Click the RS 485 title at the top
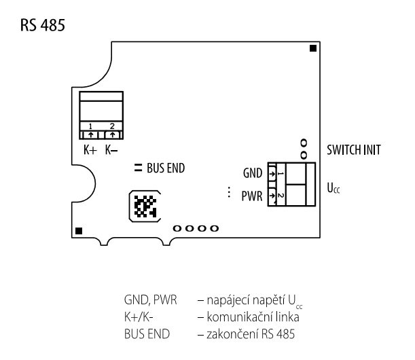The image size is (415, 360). (43, 25)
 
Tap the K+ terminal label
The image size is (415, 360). (90, 150)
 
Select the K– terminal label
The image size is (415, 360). (111, 150)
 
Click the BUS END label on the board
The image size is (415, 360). (166, 168)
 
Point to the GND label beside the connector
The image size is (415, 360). (253, 173)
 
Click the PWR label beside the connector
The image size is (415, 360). (252, 196)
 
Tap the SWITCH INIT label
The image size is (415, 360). (354, 150)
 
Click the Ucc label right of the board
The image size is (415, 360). (333, 188)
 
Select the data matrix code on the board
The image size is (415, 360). (145, 206)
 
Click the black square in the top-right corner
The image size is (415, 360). (313, 48)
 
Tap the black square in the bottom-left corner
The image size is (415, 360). (79, 231)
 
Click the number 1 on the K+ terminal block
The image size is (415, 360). (90, 126)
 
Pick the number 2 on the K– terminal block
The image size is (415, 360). (112, 126)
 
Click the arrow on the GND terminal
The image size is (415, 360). (272, 174)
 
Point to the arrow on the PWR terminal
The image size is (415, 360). (272, 196)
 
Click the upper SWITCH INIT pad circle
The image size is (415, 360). (304, 143)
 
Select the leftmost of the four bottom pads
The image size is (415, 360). (177, 228)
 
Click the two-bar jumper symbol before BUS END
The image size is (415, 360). (138, 168)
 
